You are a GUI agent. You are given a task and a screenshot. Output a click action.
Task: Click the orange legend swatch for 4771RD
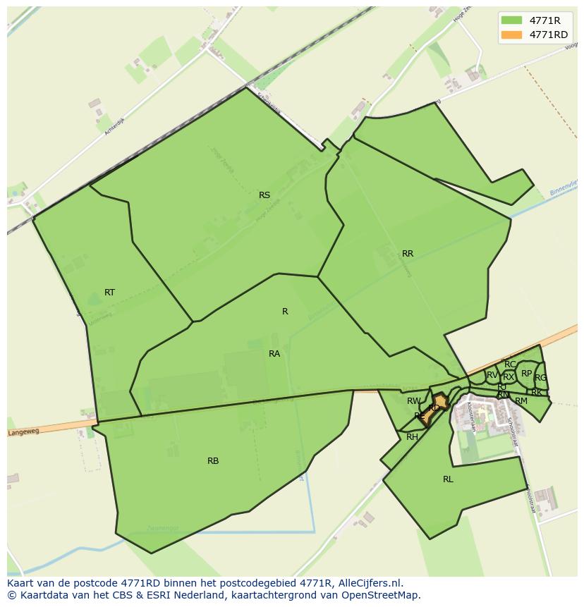[513, 35]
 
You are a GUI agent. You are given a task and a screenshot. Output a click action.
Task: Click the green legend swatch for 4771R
[513, 20]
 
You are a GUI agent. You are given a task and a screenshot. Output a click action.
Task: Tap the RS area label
[264, 195]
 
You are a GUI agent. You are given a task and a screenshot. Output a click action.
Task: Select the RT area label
[109, 293]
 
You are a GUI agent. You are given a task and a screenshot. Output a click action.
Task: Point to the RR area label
[408, 254]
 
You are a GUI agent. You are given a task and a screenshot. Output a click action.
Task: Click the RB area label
[213, 461]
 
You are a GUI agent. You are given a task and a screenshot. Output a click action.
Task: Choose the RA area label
[274, 354]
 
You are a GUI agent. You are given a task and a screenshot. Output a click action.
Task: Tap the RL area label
[448, 479]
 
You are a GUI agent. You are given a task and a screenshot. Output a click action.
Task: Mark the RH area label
[413, 437]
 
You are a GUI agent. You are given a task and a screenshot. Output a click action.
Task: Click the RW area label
[413, 401]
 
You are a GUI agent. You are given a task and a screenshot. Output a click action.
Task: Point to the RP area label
[527, 374]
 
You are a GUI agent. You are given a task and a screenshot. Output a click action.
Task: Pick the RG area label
[541, 378]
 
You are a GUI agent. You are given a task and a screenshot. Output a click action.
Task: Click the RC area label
[510, 364]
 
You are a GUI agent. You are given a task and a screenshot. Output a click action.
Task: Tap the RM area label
[521, 401]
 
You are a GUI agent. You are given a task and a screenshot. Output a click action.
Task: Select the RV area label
[492, 375]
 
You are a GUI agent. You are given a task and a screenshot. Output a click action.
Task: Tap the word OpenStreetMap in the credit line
[382, 595]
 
